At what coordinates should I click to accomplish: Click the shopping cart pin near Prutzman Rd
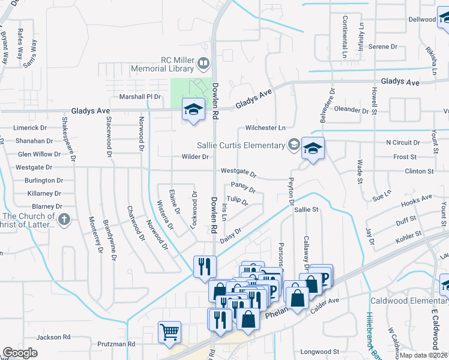(x=170, y=332)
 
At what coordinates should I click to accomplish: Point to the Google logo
(x=20, y=353)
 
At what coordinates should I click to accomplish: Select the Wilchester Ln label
(x=265, y=128)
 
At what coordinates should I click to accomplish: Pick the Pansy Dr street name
(x=243, y=188)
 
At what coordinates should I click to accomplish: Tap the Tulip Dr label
(x=237, y=200)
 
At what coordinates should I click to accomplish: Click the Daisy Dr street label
(x=231, y=234)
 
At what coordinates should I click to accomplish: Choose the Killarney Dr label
(x=45, y=193)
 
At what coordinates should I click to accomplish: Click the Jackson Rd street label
(x=53, y=337)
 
